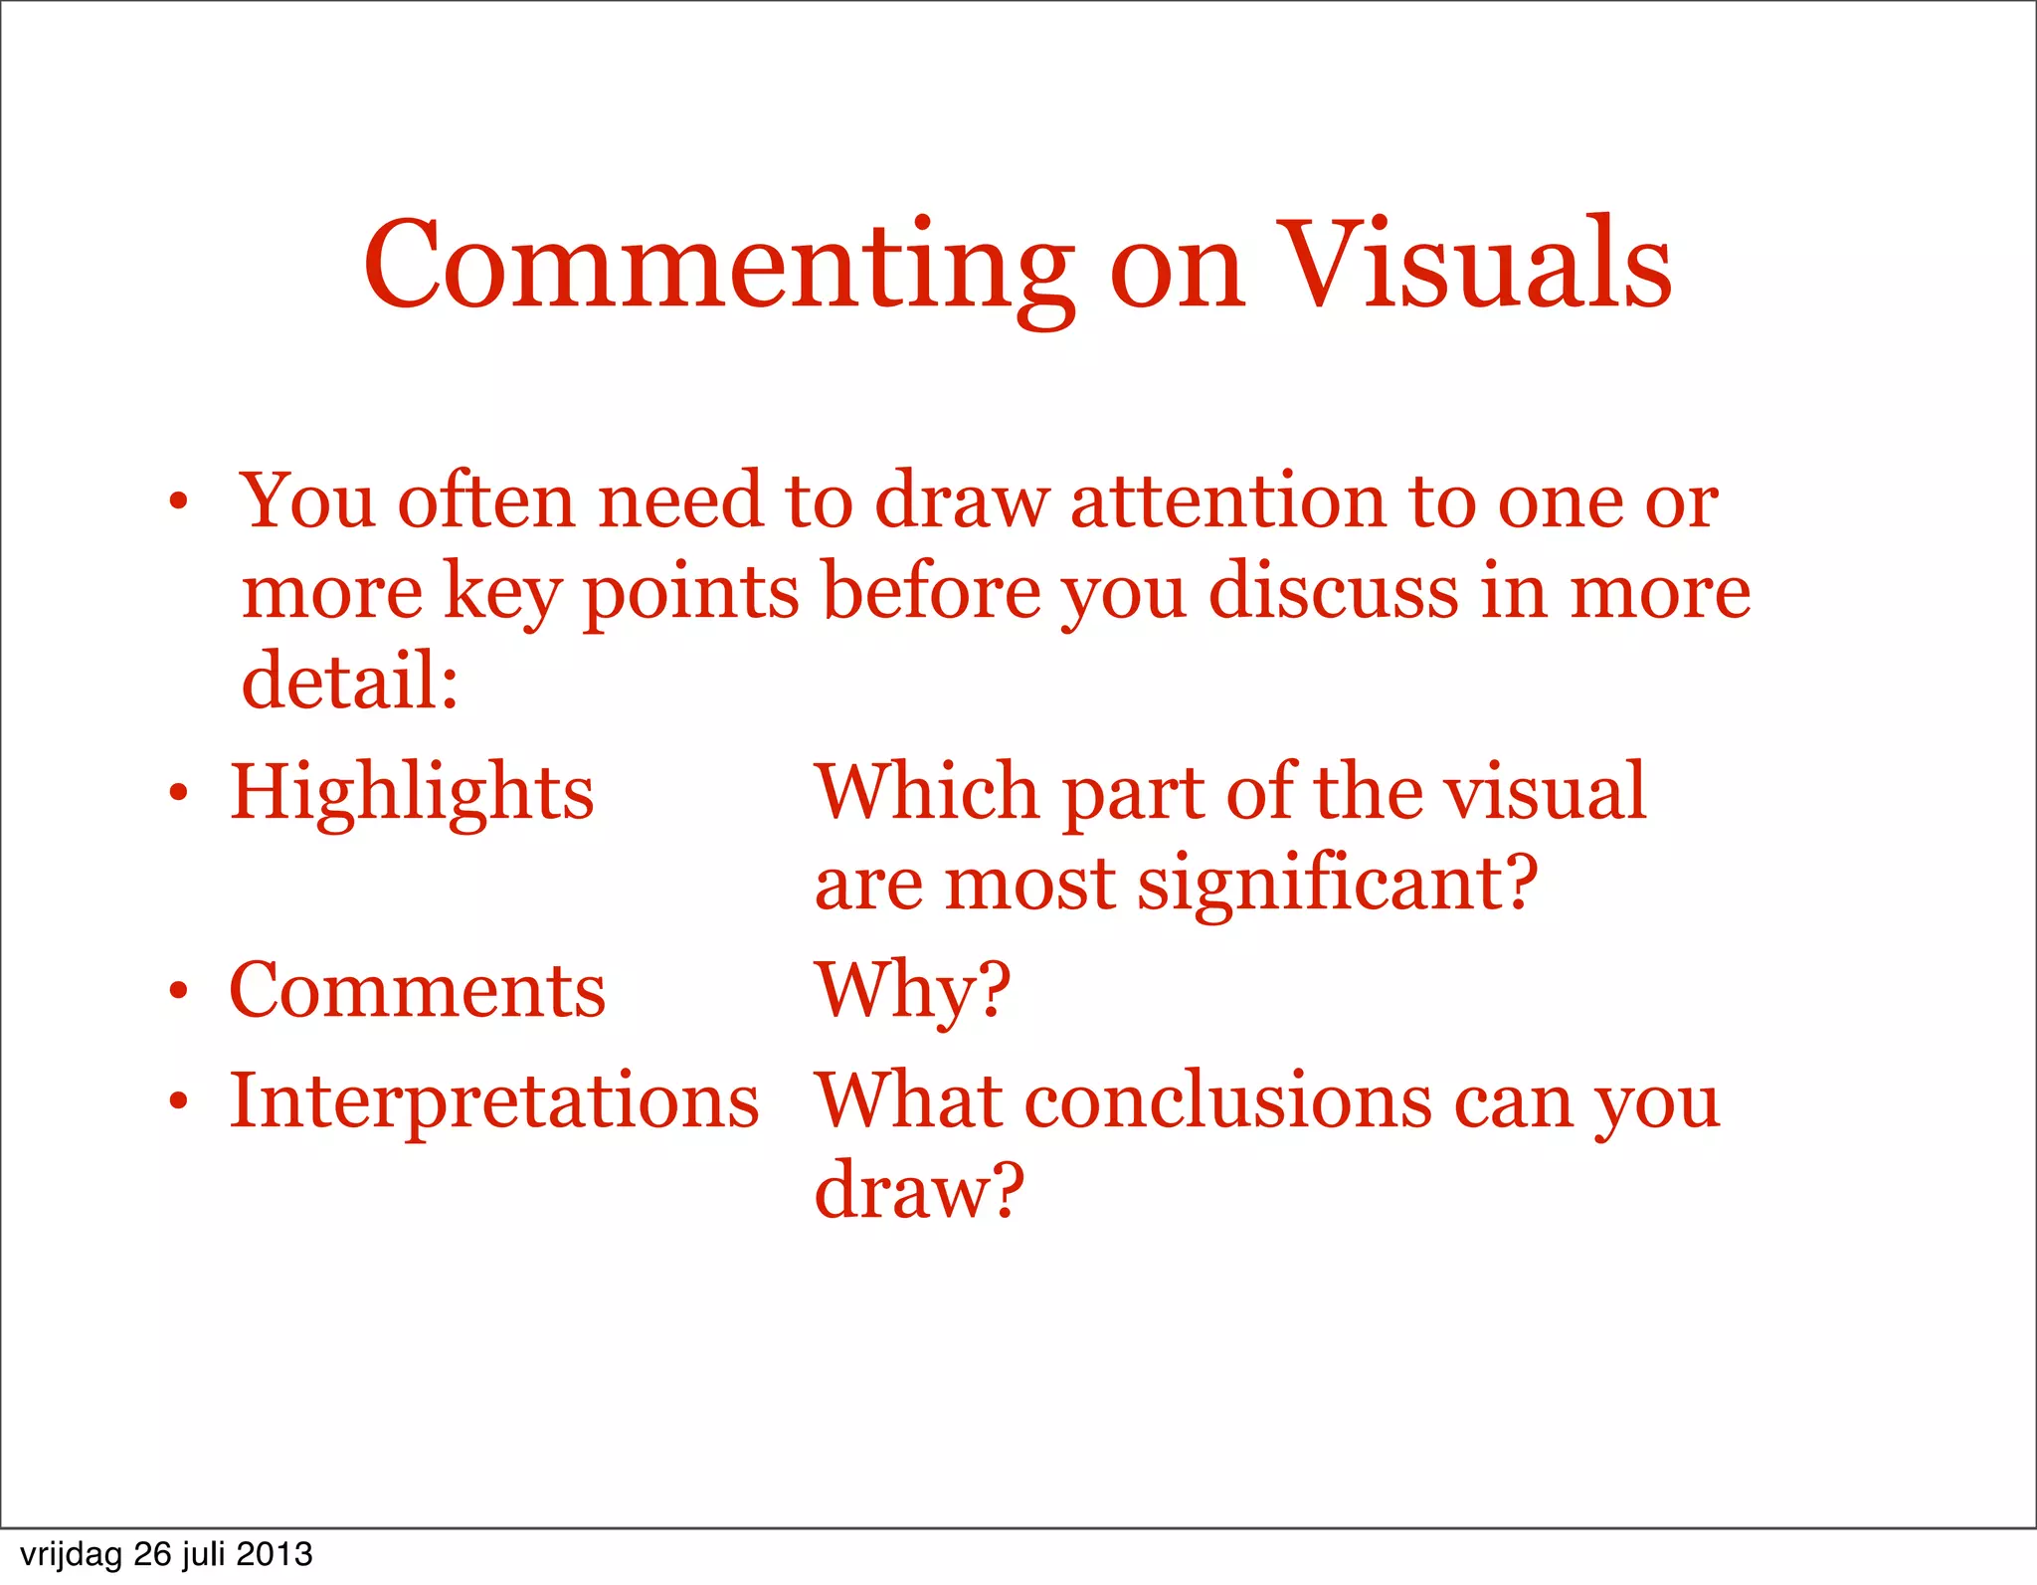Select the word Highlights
pyautogui.click(x=412, y=794)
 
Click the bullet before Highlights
pyautogui.click(x=178, y=793)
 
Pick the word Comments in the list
pyautogui.click(x=417, y=991)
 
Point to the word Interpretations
pyautogui.click(x=494, y=1102)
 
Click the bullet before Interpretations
pyautogui.click(x=178, y=1101)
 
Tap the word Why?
pyautogui.click(x=912, y=991)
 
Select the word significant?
pyautogui.click(x=1338, y=885)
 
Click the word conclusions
pyautogui.click(x=1228, y=1102)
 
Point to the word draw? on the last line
pyautogui.click(x=918, y=1191)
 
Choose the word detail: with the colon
pyautogui.click(x=350, y=682)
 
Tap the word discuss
pyautogui.click(x=1332, y=592)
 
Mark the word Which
pyautogui.click(x=927, y=793)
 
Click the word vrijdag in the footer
pyautogui.click(x=70, y=1554)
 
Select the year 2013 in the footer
pyautogui.click(x=275, y=1554)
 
